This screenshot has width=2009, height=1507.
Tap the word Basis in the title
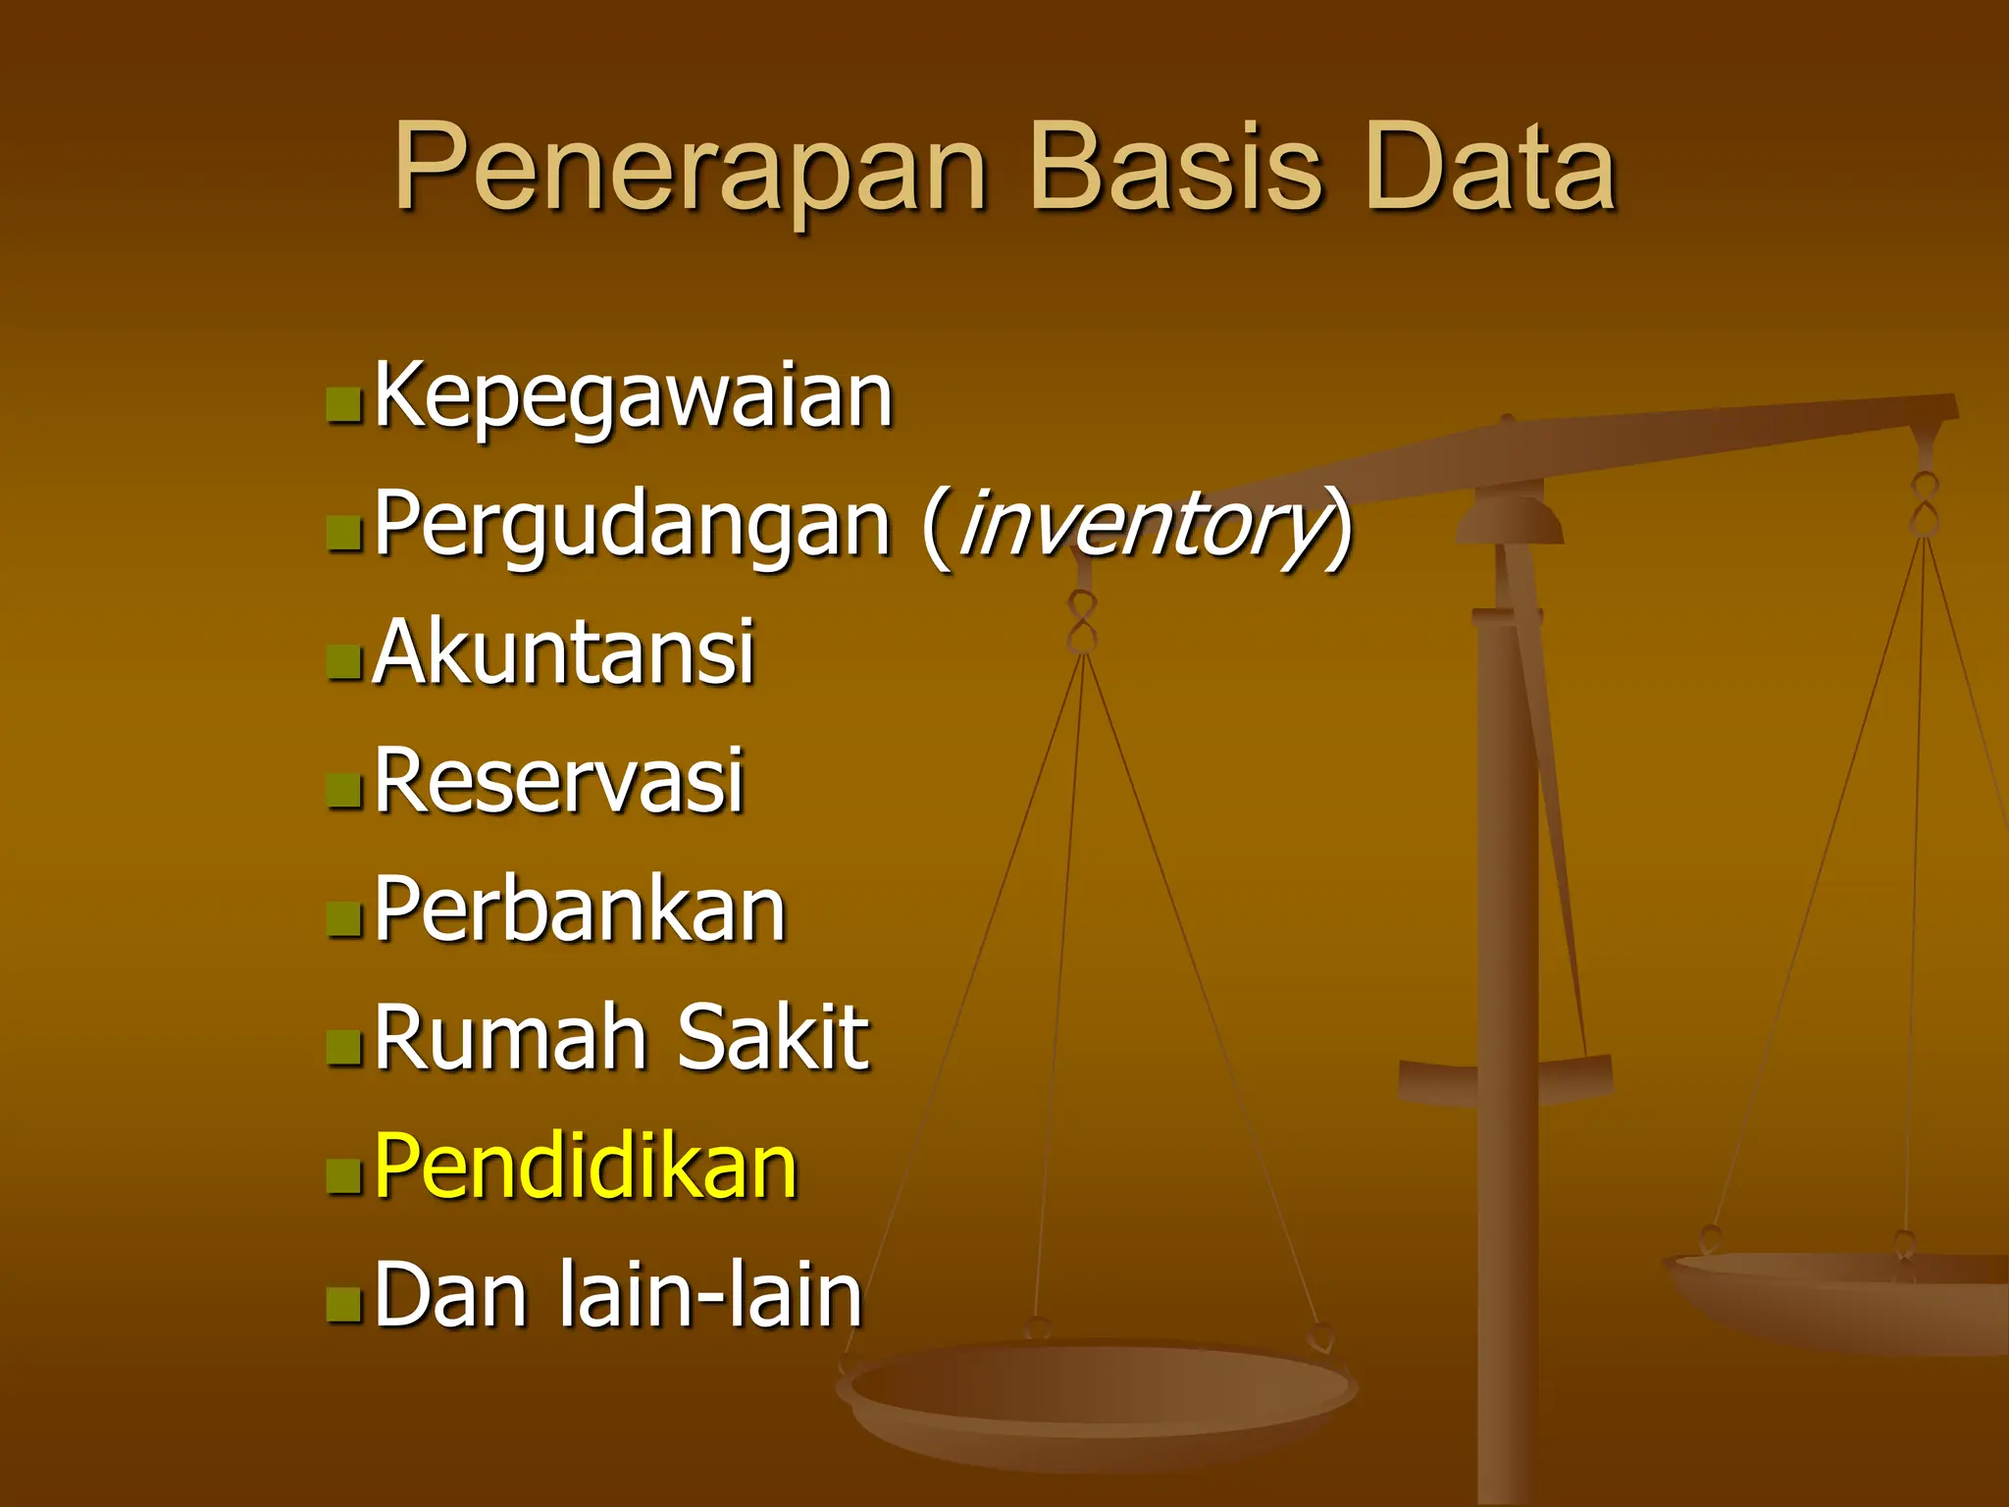[x=1176, y=169]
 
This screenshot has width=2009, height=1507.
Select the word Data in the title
[x=1490, y=169]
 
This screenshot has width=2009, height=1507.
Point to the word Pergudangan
[x=633, y=525]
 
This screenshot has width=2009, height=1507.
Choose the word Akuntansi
[x=564, y=651]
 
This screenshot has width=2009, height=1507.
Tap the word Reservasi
[x=559, y=781]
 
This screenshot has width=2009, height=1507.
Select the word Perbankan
[x=580, y=909]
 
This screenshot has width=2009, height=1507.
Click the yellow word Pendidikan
[x=586, y=1167]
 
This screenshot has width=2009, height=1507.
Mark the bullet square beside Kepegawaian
[x=344, y=404]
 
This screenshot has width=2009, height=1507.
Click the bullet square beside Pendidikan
[x=344, y=1175]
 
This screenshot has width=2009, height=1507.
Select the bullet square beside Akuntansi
[x=344, y=661]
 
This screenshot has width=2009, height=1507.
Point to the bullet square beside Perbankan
[x=344, y=918]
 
